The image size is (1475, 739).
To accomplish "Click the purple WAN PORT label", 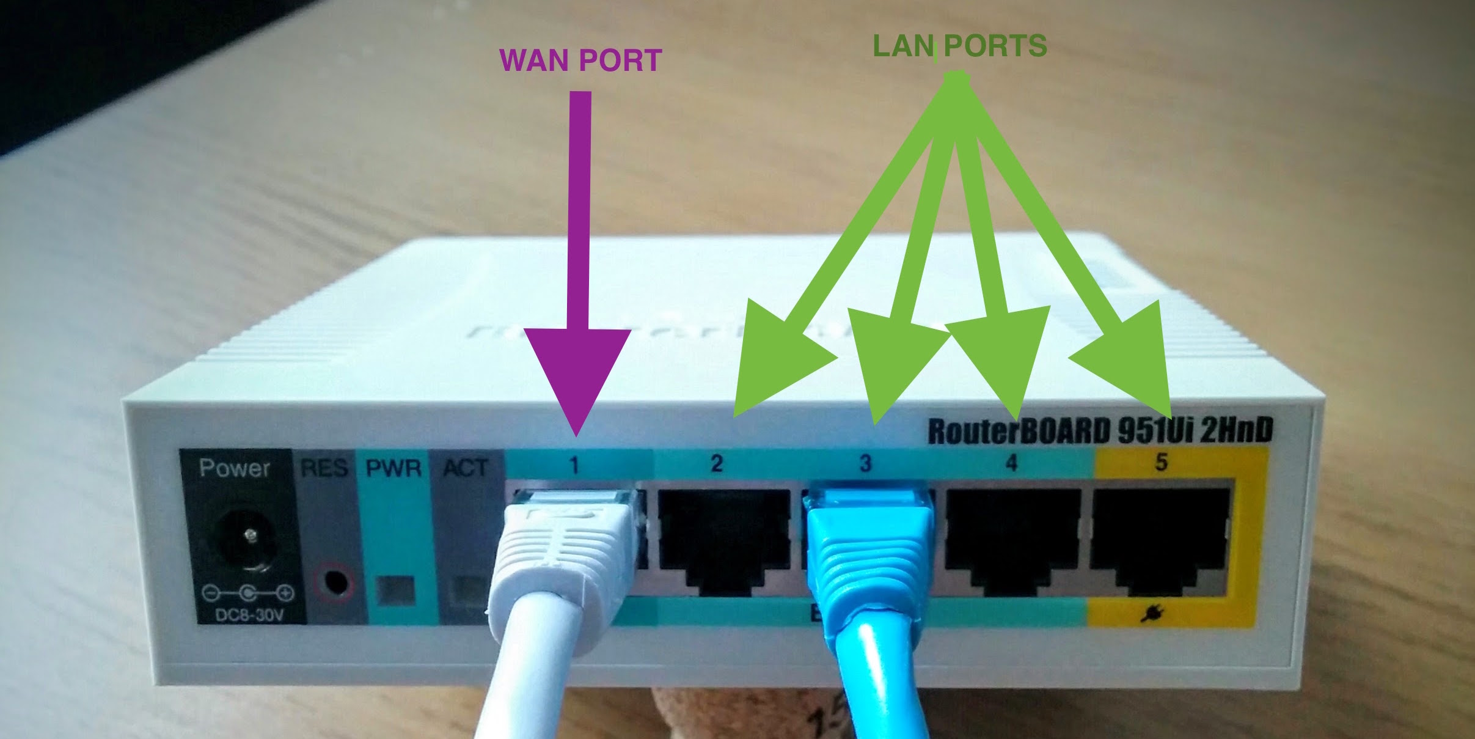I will click(580, 60).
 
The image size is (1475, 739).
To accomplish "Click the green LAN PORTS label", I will click(960, 46).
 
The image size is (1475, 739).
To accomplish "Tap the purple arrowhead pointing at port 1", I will click(577, 379).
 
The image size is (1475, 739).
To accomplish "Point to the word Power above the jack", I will click(235, 468).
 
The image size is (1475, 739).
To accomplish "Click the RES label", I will click(324, 469).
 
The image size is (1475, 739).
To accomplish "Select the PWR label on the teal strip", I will click(393, 469).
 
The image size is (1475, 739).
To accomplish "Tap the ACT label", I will click(466, 469).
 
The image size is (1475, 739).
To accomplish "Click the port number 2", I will click(717, 463).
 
